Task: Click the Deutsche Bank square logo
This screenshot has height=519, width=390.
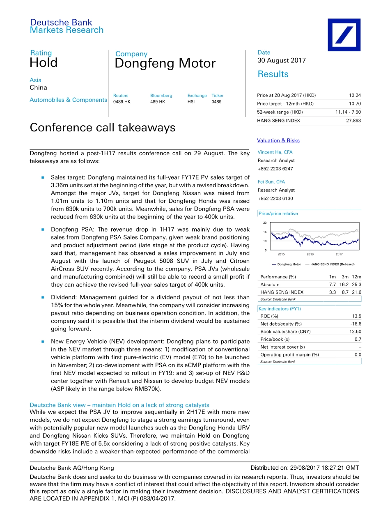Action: (344, 35)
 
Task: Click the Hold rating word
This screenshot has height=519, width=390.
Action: (44, 63)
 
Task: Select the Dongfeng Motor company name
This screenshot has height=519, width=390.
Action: (165, 64)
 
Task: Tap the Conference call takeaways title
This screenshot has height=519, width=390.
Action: (103, 128)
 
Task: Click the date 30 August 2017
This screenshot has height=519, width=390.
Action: (282, 60)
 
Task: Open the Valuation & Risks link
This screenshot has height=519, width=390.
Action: (278, 140)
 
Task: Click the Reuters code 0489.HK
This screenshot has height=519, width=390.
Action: (122, 102)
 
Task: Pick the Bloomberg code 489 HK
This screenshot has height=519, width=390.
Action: (158, 102)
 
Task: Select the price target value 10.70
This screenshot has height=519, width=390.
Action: (355, 104)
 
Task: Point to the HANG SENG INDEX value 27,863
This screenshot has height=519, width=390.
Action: (353, 121)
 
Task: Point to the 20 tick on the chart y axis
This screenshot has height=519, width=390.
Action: (265, 223)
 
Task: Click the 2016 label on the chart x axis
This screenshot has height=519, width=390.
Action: (310, 255)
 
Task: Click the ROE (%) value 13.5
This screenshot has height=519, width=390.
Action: (356, 316)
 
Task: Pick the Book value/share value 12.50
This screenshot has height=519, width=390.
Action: (355, 331)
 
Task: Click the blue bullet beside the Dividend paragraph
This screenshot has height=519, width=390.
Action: (42, 298)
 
